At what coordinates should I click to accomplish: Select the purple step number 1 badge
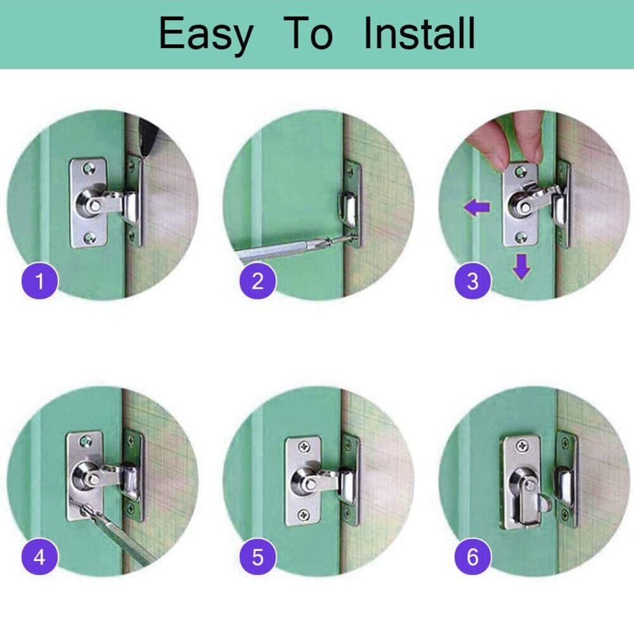(40, 280)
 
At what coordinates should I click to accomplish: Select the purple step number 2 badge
(257, 280)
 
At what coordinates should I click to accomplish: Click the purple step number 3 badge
(472, 280)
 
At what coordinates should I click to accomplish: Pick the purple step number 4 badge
(40, 558)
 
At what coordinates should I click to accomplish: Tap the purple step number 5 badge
(257, 558)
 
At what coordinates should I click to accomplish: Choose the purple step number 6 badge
(472, 558)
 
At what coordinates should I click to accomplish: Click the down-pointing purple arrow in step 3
(521, 267)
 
